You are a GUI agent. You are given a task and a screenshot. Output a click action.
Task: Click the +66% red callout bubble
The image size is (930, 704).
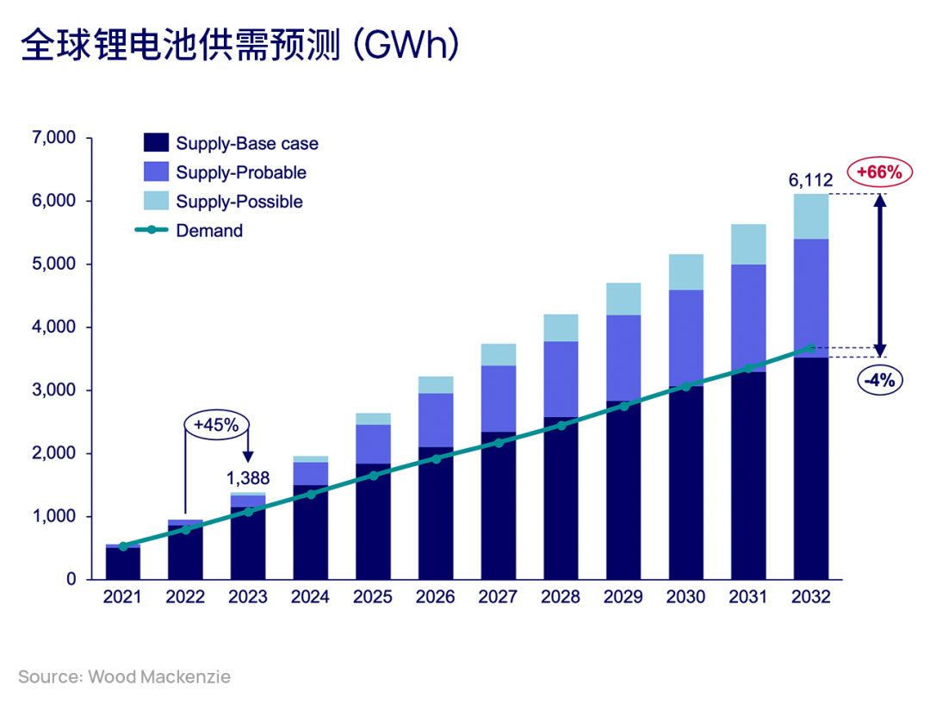coord(879,172)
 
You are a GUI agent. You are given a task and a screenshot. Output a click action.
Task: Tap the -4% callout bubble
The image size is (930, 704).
coord(879,379)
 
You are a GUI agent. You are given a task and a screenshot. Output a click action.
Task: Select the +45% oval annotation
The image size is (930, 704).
coord(216,424)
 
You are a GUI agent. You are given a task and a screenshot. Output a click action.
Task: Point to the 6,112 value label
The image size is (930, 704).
coord(809,180)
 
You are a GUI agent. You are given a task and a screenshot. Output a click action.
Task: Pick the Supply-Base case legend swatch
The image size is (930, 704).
coord(156,143)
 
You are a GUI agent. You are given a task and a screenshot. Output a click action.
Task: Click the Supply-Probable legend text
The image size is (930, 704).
coord(241,172)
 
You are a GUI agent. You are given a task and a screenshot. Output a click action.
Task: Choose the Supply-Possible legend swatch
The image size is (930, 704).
coord(156,202)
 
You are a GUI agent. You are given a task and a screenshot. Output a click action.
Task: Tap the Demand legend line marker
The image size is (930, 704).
coord(152,231)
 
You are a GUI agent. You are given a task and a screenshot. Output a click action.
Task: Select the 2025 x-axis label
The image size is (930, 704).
coord(373,597)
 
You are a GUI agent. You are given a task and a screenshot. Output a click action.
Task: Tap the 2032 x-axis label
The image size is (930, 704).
coord(809,597)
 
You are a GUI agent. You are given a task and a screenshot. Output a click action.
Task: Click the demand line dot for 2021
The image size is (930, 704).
coord(123,546)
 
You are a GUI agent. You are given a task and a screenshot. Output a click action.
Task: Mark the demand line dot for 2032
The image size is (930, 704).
coord(810,347)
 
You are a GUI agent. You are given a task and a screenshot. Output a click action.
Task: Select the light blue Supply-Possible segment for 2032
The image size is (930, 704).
coord(810,216)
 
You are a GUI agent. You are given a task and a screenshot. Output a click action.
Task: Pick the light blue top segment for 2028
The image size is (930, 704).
coord(561,328)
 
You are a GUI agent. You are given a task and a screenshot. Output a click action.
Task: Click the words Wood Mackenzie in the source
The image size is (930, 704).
coord(159,676)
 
